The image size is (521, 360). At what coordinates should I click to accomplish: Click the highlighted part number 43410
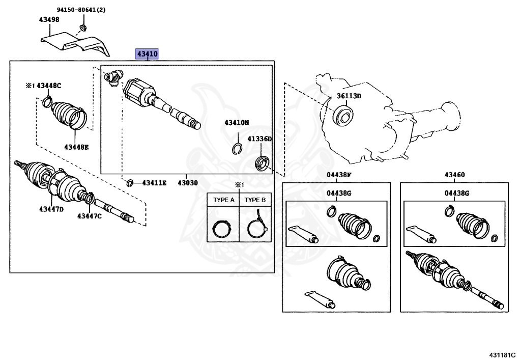point(147,53)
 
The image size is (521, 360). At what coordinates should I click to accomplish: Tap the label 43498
point(49,20)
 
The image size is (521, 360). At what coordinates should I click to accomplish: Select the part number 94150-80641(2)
point(81,10)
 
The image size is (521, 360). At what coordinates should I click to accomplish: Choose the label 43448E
point(76,147)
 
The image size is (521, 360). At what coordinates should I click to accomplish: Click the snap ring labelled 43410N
point(236,149)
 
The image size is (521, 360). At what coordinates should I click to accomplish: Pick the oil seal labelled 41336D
point(262,164)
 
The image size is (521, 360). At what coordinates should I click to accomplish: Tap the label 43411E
point(154,182)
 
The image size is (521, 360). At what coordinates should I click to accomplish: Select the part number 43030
point(187,182)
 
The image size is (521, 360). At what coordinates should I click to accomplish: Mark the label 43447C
point(90,216)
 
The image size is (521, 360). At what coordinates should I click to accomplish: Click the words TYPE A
point(223,200)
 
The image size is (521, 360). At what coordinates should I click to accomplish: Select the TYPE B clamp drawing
point(256,226)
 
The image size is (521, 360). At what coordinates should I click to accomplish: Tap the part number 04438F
point(339,175)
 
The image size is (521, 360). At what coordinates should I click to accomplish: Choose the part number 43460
point(454,175)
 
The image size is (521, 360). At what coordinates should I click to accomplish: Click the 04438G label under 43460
point(456,193)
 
